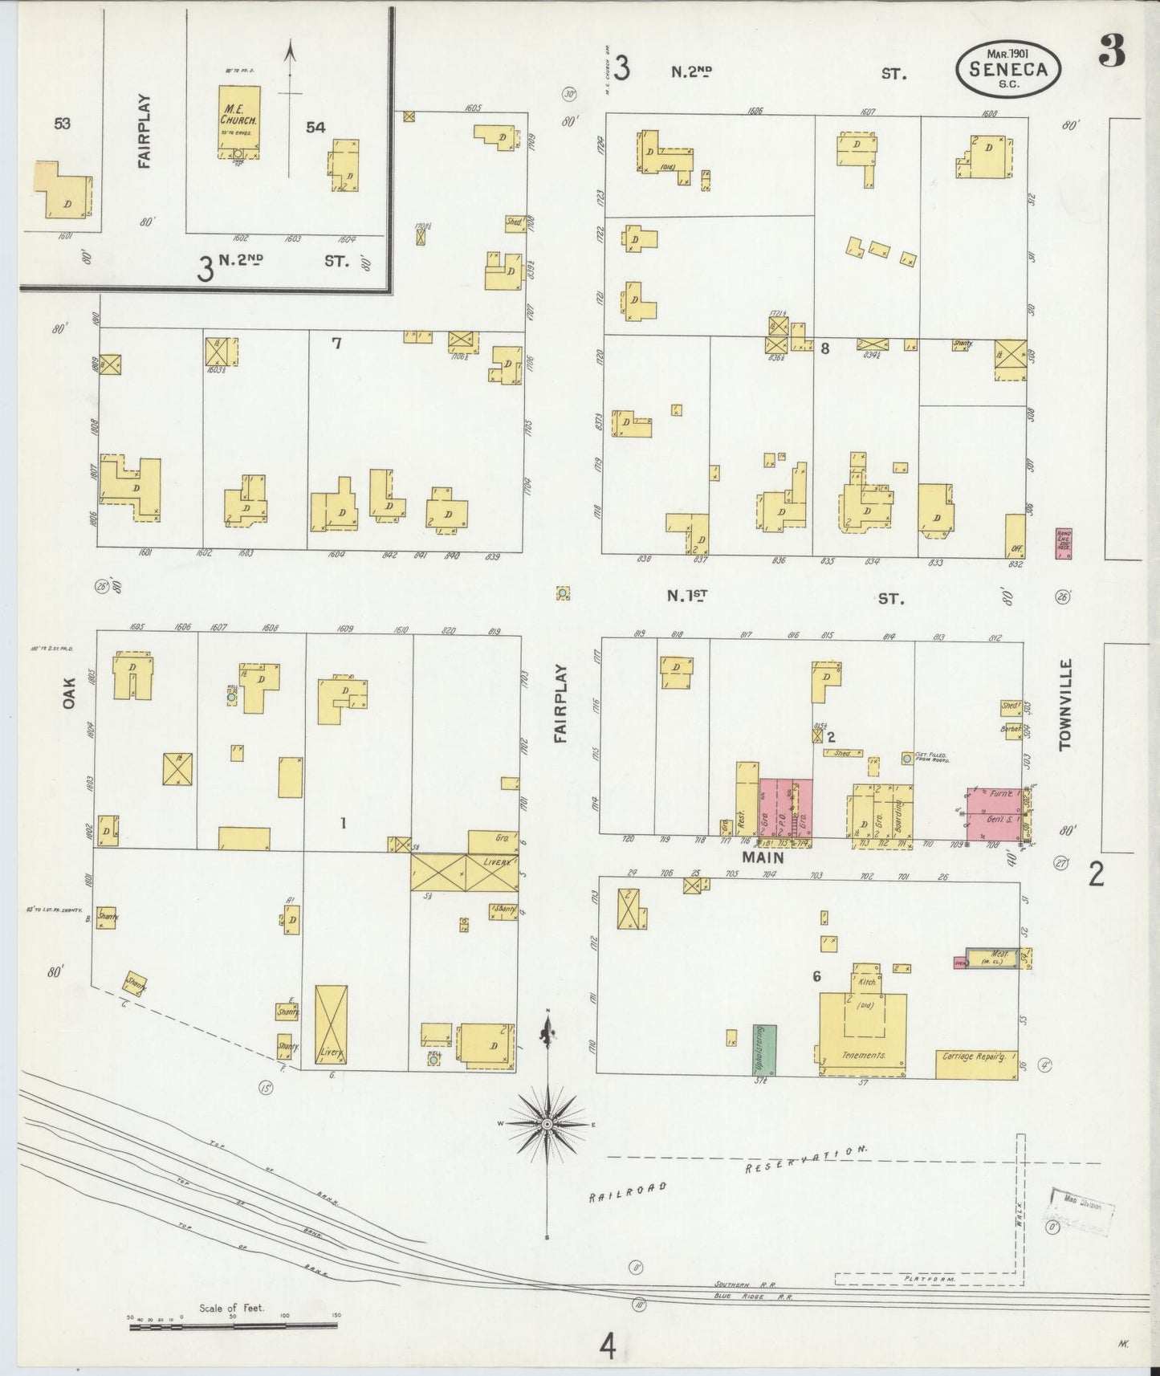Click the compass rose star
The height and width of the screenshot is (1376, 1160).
[x=547, y=1124]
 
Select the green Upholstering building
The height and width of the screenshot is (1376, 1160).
[x=764, y=1049]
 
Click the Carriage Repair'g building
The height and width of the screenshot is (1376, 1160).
[x=976, y=1064]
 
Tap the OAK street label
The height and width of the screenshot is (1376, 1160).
[x=70, y=693]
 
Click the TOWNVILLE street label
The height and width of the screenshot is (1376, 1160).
[x=1065, y=705]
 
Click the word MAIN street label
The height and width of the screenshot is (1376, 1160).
[x=762, y=857]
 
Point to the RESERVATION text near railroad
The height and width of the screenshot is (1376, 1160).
[x=806, y=1160]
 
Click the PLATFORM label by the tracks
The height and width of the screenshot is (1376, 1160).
[x=928, y=1278]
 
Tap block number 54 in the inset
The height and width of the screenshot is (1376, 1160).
[x=315, y=127]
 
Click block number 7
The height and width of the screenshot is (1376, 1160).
[x=336, y=344]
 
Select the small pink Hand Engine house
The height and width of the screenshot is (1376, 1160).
[x=1064, y=543]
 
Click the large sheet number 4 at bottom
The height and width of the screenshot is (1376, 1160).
[x=608, y=1346]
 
